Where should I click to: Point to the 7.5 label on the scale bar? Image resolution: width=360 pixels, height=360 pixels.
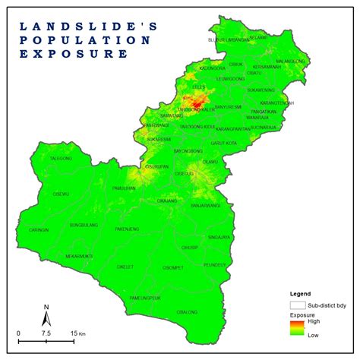point(46,333)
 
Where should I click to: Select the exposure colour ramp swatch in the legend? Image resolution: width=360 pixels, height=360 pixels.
point(295,327)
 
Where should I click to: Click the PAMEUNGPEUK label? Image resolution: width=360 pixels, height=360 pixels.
point(144,296)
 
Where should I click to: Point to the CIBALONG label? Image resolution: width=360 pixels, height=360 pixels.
point(187,312)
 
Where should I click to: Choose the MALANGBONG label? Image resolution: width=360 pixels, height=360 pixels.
point(289,61)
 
